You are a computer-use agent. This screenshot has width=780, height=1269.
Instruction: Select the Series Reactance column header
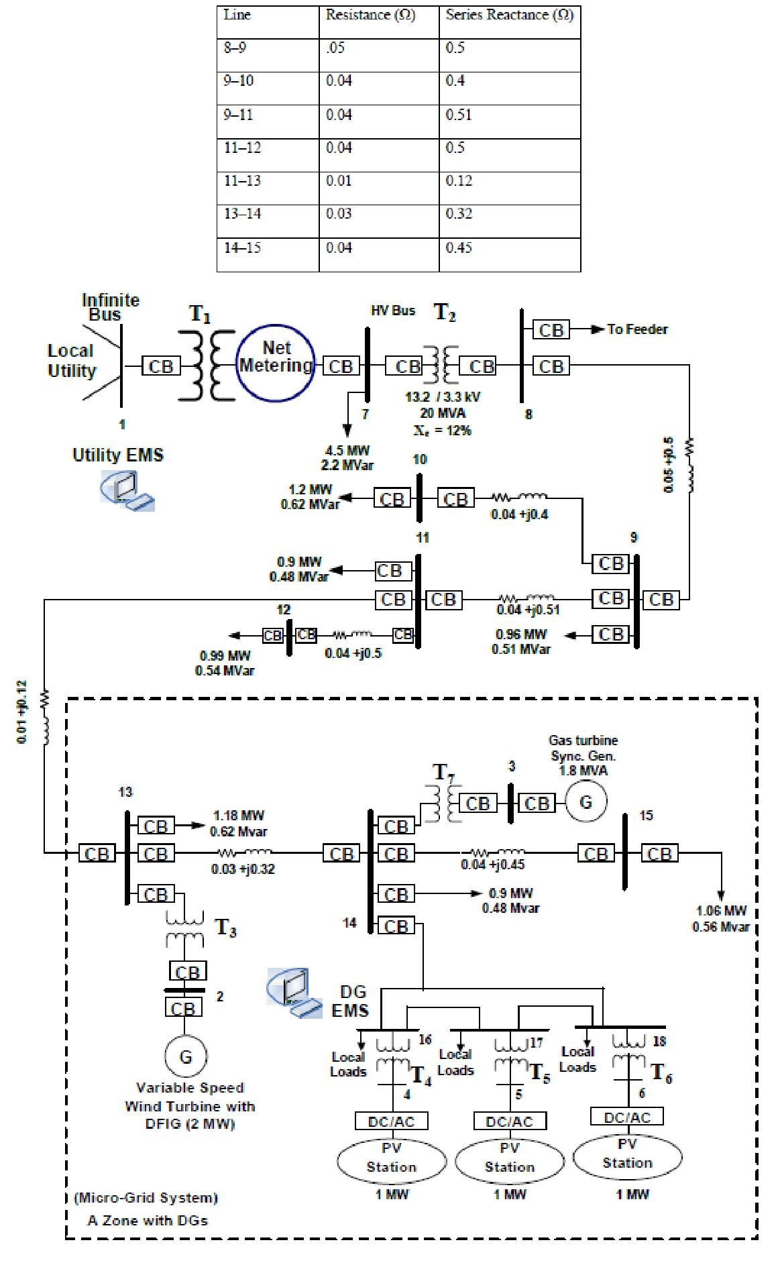pos(509,15)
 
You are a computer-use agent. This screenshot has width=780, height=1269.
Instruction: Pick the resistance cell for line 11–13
pos(378,181)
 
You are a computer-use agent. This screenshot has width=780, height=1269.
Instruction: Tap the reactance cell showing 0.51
pos(509,115)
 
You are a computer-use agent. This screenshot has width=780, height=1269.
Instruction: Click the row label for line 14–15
pos(268,247)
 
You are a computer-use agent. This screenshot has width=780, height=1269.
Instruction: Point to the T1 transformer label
pos(200,313)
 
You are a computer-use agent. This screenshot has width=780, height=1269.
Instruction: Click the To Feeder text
pos(637,329)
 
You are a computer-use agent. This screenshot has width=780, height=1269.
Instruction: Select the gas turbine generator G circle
pos(586,803)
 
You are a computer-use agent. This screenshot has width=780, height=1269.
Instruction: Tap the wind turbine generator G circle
pos(186,1057)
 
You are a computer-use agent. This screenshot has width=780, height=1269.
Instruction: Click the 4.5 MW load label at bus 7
pos(347,450)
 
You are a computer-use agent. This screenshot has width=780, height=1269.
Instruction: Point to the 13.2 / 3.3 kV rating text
pos(442,397)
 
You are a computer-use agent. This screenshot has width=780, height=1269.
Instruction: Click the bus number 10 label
pos(420,459)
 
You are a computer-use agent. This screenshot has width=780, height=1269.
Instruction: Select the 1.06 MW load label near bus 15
pos(721,911)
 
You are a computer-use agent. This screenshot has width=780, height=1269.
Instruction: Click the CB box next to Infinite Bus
pos(160,366)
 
